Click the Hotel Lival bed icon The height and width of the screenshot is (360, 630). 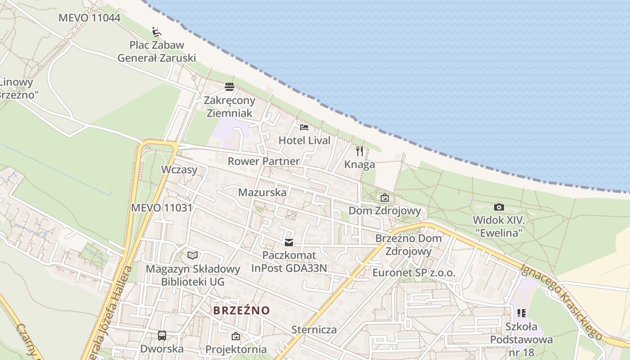click(x=304, y=127)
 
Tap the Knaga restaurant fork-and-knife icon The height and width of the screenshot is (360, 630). click(x=359, y=151)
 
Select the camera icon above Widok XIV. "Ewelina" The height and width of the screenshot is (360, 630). click(x=499, y=207)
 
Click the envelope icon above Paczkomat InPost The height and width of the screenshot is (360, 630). click(x=288, y=243)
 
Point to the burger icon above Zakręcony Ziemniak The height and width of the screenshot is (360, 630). click(x=229, y=86)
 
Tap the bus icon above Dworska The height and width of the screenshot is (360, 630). click(x=162, y=335)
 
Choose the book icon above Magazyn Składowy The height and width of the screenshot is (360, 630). click(x=193, y=256)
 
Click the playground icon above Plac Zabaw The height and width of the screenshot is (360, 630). click(x=157, y=31)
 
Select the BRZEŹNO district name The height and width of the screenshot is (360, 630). click(x=242, y=310)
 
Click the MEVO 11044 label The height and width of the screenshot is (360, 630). click(x=90, y=18)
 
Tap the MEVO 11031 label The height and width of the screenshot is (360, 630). click(x=162, y=208)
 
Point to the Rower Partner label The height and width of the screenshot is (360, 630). click(x=264, y=161)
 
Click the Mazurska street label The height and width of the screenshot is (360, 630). click(x=262, y=192)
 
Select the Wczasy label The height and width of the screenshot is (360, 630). click(x=179, y=170)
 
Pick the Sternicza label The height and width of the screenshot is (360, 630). click(x=314, y=329)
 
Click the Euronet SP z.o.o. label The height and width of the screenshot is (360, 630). click(x=414, y=273)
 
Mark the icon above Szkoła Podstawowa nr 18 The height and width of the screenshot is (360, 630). click(x=522, y=313)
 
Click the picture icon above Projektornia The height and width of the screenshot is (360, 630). click(x=235, y=336)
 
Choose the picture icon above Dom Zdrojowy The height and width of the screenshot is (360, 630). click(x=385, y=198)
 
